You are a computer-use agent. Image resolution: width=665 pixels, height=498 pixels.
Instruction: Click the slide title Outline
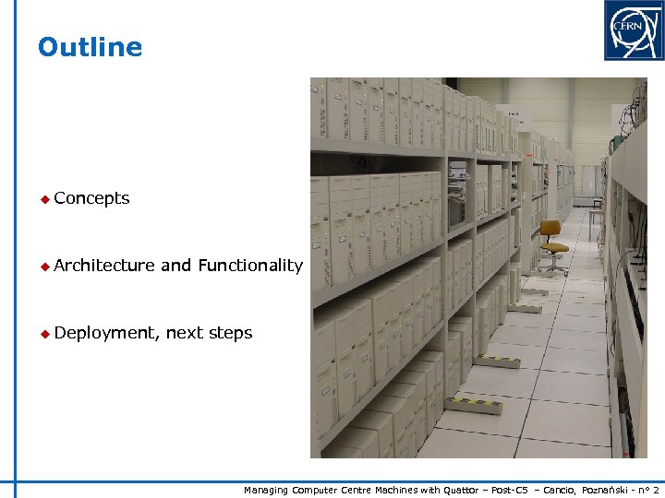[90, 47]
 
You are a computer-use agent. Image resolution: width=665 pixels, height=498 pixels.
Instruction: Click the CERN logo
[634, 30]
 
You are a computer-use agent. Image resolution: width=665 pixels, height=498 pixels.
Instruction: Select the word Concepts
[91, 198]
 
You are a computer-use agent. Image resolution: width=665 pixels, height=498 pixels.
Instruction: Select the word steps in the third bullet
[230, 333]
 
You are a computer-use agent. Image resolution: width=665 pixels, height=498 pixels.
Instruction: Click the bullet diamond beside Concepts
[42, 199]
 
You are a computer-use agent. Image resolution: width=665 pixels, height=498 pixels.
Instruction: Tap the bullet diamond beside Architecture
[42, 267]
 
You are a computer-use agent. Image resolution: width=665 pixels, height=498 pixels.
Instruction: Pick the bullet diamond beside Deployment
[42, 334]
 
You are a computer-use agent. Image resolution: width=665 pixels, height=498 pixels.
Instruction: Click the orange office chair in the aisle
[551, 242]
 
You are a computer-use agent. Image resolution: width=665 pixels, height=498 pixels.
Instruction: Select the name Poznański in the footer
[606, 490]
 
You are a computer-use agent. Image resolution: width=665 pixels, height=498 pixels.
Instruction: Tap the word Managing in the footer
[266, 490]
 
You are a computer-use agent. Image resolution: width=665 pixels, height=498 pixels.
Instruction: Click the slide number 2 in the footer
[656, 490]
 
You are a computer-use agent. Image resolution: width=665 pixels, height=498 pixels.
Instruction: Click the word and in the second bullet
[175, 266]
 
